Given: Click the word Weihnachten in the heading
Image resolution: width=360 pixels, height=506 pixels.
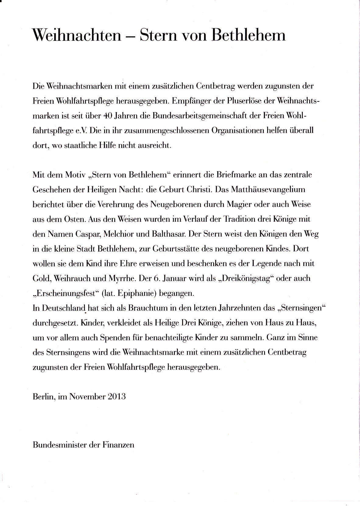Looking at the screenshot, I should pyautogui.click(x=76, y=35).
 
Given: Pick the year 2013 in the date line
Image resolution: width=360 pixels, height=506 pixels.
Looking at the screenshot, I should pyautogui.click(x=117, y=397).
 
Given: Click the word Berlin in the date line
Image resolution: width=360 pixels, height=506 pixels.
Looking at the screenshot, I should pyautogui.click(x=43, y=397).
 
